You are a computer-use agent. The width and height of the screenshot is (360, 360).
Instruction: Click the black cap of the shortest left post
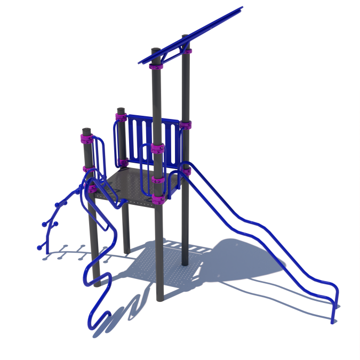86,130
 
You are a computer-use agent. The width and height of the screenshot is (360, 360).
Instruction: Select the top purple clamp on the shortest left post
85,140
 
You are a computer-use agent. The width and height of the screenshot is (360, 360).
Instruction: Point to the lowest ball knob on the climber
39,247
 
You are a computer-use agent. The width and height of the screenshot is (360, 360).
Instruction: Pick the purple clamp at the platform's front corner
159,199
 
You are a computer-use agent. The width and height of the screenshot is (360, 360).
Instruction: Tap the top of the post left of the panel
121,110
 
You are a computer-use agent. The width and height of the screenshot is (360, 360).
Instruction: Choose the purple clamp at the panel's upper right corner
186,125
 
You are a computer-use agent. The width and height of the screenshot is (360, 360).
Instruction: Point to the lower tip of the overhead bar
140,62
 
